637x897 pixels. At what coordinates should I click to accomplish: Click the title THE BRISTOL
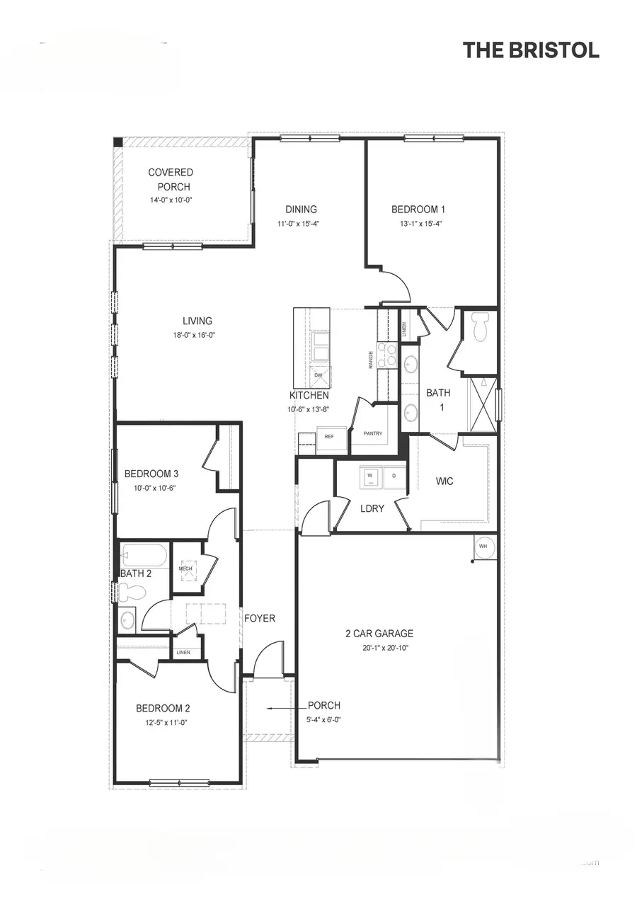click(531, 50)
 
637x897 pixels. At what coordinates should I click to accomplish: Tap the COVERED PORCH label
click(171, 179)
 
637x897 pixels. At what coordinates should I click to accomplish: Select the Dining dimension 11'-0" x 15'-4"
click(301, 224)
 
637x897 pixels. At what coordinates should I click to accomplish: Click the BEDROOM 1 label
click(418, 209)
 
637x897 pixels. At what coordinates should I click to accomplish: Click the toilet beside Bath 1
click(481, 327)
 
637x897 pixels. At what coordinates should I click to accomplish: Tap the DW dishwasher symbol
click(318, 375)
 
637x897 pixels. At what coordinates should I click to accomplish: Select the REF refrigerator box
click(330, 437)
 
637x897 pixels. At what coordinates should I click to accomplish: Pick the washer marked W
click(370, 476)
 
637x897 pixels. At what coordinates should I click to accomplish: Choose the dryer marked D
click(394, 476)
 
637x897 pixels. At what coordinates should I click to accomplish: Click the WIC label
click(444, 481)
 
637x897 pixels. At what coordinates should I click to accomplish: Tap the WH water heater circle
click(483, 547)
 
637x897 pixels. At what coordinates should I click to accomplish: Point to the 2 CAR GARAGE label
click(379, 634)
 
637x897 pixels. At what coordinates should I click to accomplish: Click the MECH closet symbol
click(186, 569)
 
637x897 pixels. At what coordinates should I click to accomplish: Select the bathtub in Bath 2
click(144, 556)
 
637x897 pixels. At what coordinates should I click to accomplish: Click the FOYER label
click(260, 618)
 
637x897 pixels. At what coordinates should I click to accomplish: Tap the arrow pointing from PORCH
click(285, 707)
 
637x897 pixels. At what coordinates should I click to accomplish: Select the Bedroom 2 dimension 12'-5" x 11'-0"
click(162, 722)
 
